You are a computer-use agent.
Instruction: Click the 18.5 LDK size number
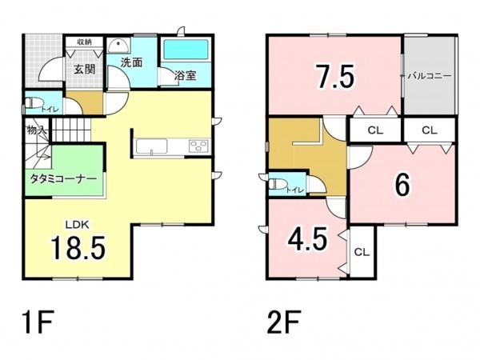tap(78, 248)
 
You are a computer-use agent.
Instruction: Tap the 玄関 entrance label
tap(85, 70)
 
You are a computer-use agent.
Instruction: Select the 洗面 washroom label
tap(131, 62)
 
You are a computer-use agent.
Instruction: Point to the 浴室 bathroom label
tap(186, 75)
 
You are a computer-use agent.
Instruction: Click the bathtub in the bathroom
tap(186, 50)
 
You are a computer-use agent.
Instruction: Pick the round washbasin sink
tap(118, 46)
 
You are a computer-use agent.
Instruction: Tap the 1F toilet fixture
tap(33, 103)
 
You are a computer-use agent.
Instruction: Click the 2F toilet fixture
tap(278, 184)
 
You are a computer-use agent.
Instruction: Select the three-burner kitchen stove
tap(199, 146)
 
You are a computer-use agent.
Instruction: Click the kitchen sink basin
tap(151, 146)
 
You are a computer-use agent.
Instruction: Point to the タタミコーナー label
tap(63, 178)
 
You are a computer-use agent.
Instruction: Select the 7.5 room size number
tap(335, 76)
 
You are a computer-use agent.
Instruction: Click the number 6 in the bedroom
tap(402, 185)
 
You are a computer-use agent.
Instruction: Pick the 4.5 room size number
tap(307, 238)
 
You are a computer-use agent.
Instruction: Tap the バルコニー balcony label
tap(430, 76)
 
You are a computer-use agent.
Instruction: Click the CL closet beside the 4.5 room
tap(362, 252)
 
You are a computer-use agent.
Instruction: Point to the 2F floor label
tap(284, 322)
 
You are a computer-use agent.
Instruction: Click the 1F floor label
tap(37, 322)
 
